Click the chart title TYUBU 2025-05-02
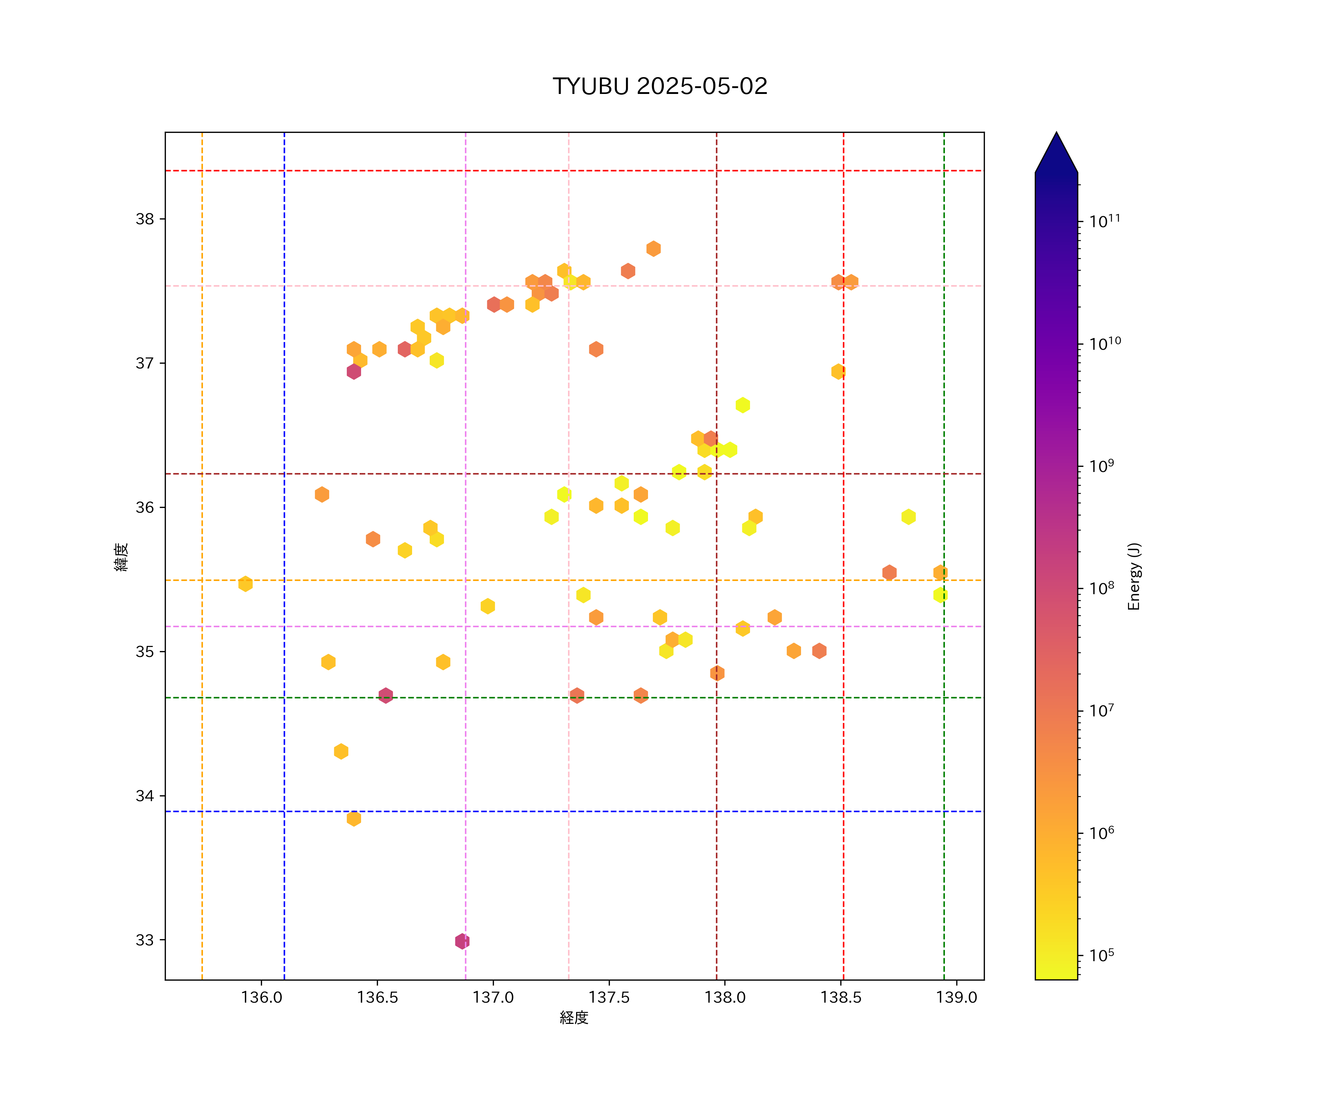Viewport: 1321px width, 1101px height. point(660,86)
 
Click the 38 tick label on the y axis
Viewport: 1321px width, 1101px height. point(145,219)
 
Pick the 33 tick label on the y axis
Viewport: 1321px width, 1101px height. point(145,940)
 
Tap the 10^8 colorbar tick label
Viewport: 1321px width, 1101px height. point(1102,588)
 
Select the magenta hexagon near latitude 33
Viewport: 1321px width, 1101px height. point(462,941)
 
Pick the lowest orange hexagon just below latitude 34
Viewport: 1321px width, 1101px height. point(353,818)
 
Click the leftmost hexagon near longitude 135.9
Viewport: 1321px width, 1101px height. point(245,584)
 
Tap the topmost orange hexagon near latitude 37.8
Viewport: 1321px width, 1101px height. point(654,248)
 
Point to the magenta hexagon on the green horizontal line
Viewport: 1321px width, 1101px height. point(386,695)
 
